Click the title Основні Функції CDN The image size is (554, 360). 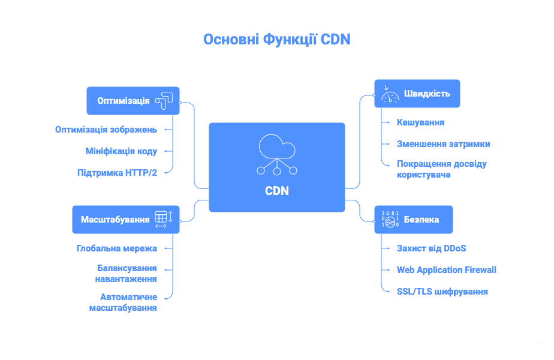(276, 40)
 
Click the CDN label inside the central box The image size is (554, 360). (277, 191)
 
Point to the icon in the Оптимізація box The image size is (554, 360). (164, 100)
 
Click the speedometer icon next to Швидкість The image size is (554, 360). (390, 94)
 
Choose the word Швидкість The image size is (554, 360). (427, 94)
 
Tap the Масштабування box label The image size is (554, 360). (115, 220)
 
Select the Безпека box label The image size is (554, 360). (421, 220)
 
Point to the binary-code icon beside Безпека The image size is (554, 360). (390, 220)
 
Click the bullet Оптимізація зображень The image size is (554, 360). (106, 129)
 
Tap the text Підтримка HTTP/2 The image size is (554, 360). (117, 172)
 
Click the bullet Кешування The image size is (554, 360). (420, 122)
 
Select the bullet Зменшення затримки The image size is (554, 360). (443, 144)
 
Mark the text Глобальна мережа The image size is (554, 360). (117, 248)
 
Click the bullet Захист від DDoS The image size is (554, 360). (431, 248)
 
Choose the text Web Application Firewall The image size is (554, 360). (447, 270)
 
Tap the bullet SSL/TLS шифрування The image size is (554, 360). (442, 292)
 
